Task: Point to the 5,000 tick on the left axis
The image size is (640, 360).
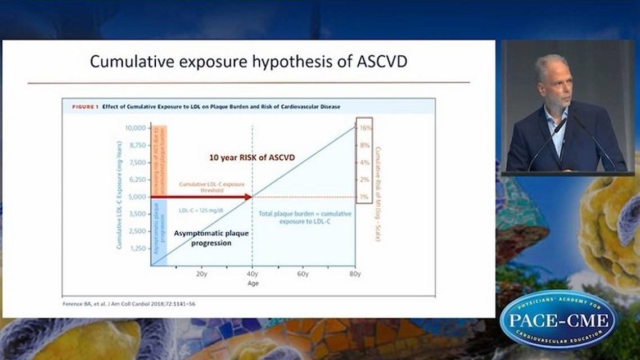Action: click(136, 197)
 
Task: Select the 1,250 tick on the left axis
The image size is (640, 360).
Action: click(136, 248)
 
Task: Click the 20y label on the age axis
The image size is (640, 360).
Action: click(201, 274)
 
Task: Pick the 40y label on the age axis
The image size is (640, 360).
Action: click(253, 274)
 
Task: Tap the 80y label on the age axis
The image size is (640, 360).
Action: click(355, 274)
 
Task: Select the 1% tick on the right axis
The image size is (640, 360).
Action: click(364, 197)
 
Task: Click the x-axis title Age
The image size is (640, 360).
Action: click(253, 283)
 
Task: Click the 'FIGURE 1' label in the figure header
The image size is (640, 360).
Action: click(84, 106)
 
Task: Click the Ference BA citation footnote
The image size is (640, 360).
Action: click(129, 304)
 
